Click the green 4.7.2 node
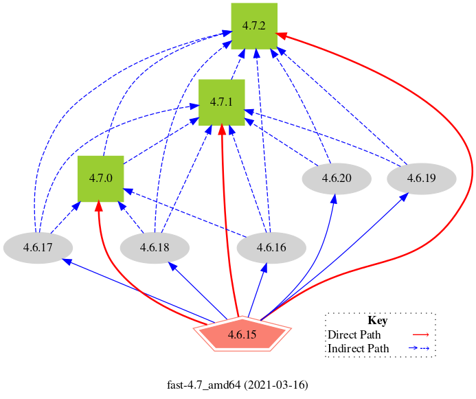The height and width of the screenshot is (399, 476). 254,26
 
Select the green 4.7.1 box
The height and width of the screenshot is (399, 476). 222,102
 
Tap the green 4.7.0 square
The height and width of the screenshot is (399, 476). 100,179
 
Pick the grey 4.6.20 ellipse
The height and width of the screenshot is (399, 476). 337,179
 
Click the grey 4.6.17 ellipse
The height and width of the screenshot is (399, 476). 38,247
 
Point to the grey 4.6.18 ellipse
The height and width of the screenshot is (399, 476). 155,247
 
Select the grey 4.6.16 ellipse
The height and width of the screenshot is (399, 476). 271,247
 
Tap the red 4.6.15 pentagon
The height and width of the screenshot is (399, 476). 241,335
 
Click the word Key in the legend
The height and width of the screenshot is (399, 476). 378,321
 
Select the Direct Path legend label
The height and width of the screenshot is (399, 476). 354,335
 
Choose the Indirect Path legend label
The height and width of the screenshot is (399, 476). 359,348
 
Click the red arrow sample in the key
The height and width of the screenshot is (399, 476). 420,335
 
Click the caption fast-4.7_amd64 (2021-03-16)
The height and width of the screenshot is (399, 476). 238,384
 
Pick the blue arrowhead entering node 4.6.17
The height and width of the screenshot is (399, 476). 66,260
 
